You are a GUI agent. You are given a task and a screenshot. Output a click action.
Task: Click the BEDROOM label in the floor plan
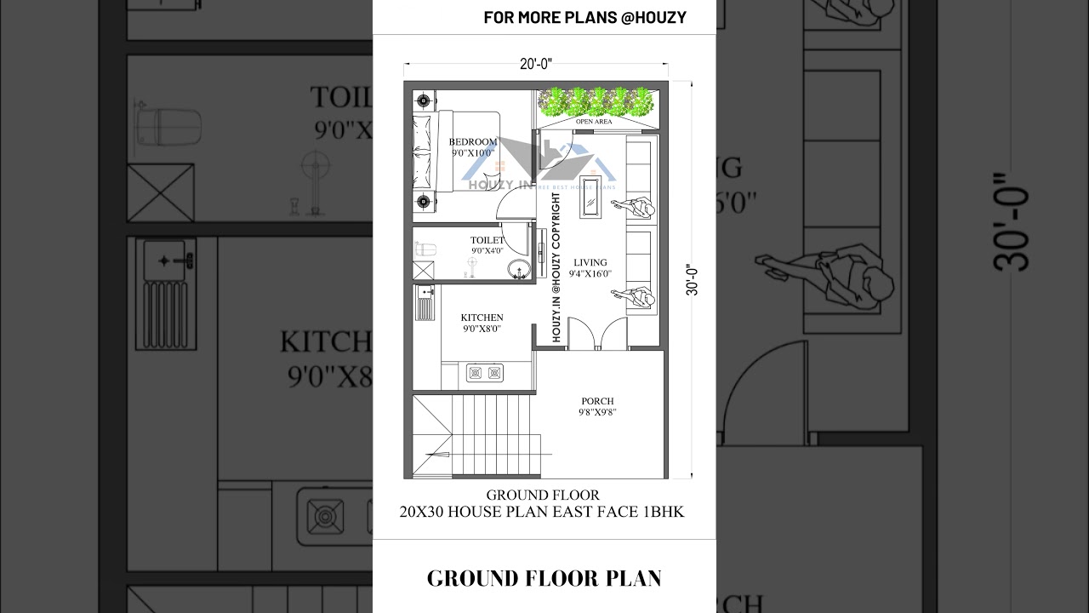point(473,142)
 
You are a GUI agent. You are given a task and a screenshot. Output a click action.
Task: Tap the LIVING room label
point(590,263)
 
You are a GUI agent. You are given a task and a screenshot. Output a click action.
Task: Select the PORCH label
point(597,401)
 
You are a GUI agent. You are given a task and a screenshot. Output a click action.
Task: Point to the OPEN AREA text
point(593,122)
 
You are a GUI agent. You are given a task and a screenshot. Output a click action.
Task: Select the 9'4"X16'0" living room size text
point(590,274)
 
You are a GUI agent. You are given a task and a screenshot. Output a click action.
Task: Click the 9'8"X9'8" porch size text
point(597,412)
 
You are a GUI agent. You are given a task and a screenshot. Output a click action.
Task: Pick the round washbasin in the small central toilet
point(518,271)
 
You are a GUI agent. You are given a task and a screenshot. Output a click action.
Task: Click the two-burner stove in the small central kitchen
point(484,373)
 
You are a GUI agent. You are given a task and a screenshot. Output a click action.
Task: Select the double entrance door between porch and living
point(597,334)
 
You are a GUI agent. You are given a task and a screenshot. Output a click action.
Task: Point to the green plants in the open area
point(597,100)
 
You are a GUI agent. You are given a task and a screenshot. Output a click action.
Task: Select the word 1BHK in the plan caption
point(660,512)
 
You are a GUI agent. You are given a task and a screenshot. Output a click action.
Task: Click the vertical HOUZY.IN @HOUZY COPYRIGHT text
point(556,267)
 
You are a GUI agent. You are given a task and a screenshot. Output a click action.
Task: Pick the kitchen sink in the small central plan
point(425,294)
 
